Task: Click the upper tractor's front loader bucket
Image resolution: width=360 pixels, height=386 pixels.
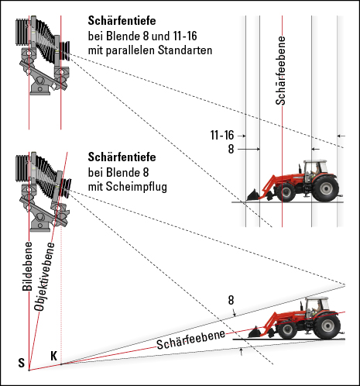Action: (252, 195)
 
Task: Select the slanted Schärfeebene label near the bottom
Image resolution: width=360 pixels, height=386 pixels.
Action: (190, 339)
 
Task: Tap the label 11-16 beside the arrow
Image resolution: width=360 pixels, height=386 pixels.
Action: (222, 135)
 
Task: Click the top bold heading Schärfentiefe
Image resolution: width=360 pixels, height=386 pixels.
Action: (125, 22)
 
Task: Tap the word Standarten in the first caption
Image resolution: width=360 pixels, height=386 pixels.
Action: (185, 50)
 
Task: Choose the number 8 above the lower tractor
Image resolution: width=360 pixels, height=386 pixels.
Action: (231, 299)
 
